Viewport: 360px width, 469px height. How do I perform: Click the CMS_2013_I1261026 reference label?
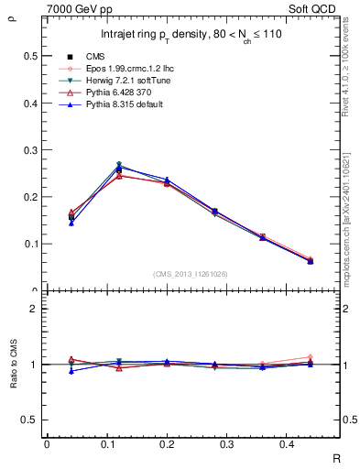click(x=191, y=274)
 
